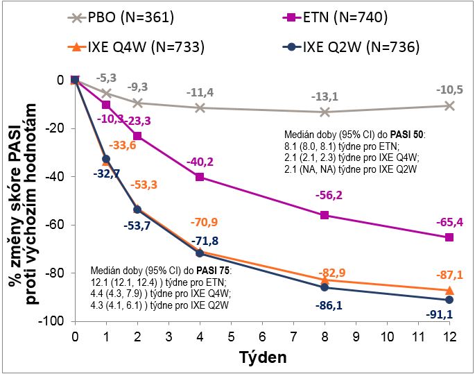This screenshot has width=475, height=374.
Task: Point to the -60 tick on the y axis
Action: (x=56, y=225)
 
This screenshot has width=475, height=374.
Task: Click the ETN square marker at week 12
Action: (x=449, y=237)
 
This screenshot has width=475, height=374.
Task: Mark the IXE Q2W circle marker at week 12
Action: (x=449, y=300)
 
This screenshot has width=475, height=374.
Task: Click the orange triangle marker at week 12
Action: (x=449, y=290)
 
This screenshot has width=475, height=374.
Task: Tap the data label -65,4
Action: (x=449, y=222)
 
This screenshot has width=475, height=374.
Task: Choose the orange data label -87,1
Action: (x=449, y=275)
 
